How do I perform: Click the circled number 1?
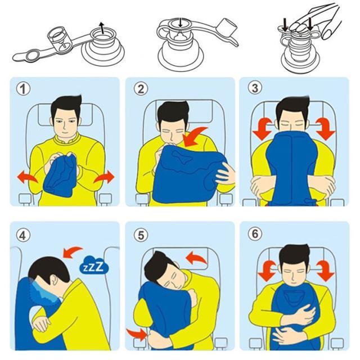(23, 89)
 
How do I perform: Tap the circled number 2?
(141, 89)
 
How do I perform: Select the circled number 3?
(255, 88)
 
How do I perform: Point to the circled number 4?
(23, 235)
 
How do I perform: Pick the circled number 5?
(141, 235)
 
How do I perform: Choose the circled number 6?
(255, 234)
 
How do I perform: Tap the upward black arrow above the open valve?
(101, 28)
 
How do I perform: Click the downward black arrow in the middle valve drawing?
(181, 22)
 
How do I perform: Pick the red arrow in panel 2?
(194, 137)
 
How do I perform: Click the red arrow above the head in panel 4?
(71, 252)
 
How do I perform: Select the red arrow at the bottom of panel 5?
(137, 334)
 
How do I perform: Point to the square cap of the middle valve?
(227, 27)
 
